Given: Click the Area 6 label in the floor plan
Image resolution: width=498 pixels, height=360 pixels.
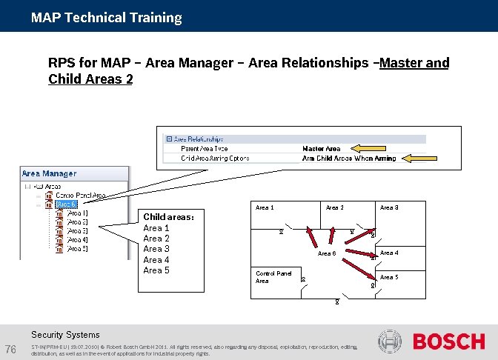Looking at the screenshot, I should click(327, 254).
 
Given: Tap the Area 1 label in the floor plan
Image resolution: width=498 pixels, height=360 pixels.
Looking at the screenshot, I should click(265, 207).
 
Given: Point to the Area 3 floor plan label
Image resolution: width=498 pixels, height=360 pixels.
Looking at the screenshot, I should click(389, 207).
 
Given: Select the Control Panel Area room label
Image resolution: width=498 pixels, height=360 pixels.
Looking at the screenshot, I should click(273, 277).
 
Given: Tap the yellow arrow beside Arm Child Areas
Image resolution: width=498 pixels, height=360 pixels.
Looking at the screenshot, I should click(418, 158).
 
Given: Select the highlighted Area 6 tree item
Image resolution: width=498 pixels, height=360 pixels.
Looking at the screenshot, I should click(67, 204).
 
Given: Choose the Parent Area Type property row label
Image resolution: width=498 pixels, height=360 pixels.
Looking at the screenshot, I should click(205, 149).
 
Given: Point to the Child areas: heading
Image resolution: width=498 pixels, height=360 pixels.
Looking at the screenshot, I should click(168, 217).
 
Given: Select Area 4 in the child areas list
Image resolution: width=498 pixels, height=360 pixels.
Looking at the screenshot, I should click(156, 260).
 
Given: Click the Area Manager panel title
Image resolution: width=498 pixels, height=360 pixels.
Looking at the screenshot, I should click(49, 173).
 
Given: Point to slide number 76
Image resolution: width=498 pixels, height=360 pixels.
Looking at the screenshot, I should click(10, 349).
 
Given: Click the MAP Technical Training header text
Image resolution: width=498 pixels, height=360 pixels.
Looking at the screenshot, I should click(107, 17).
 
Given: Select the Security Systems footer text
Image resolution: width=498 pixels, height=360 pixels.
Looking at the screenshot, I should click(65, 335).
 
